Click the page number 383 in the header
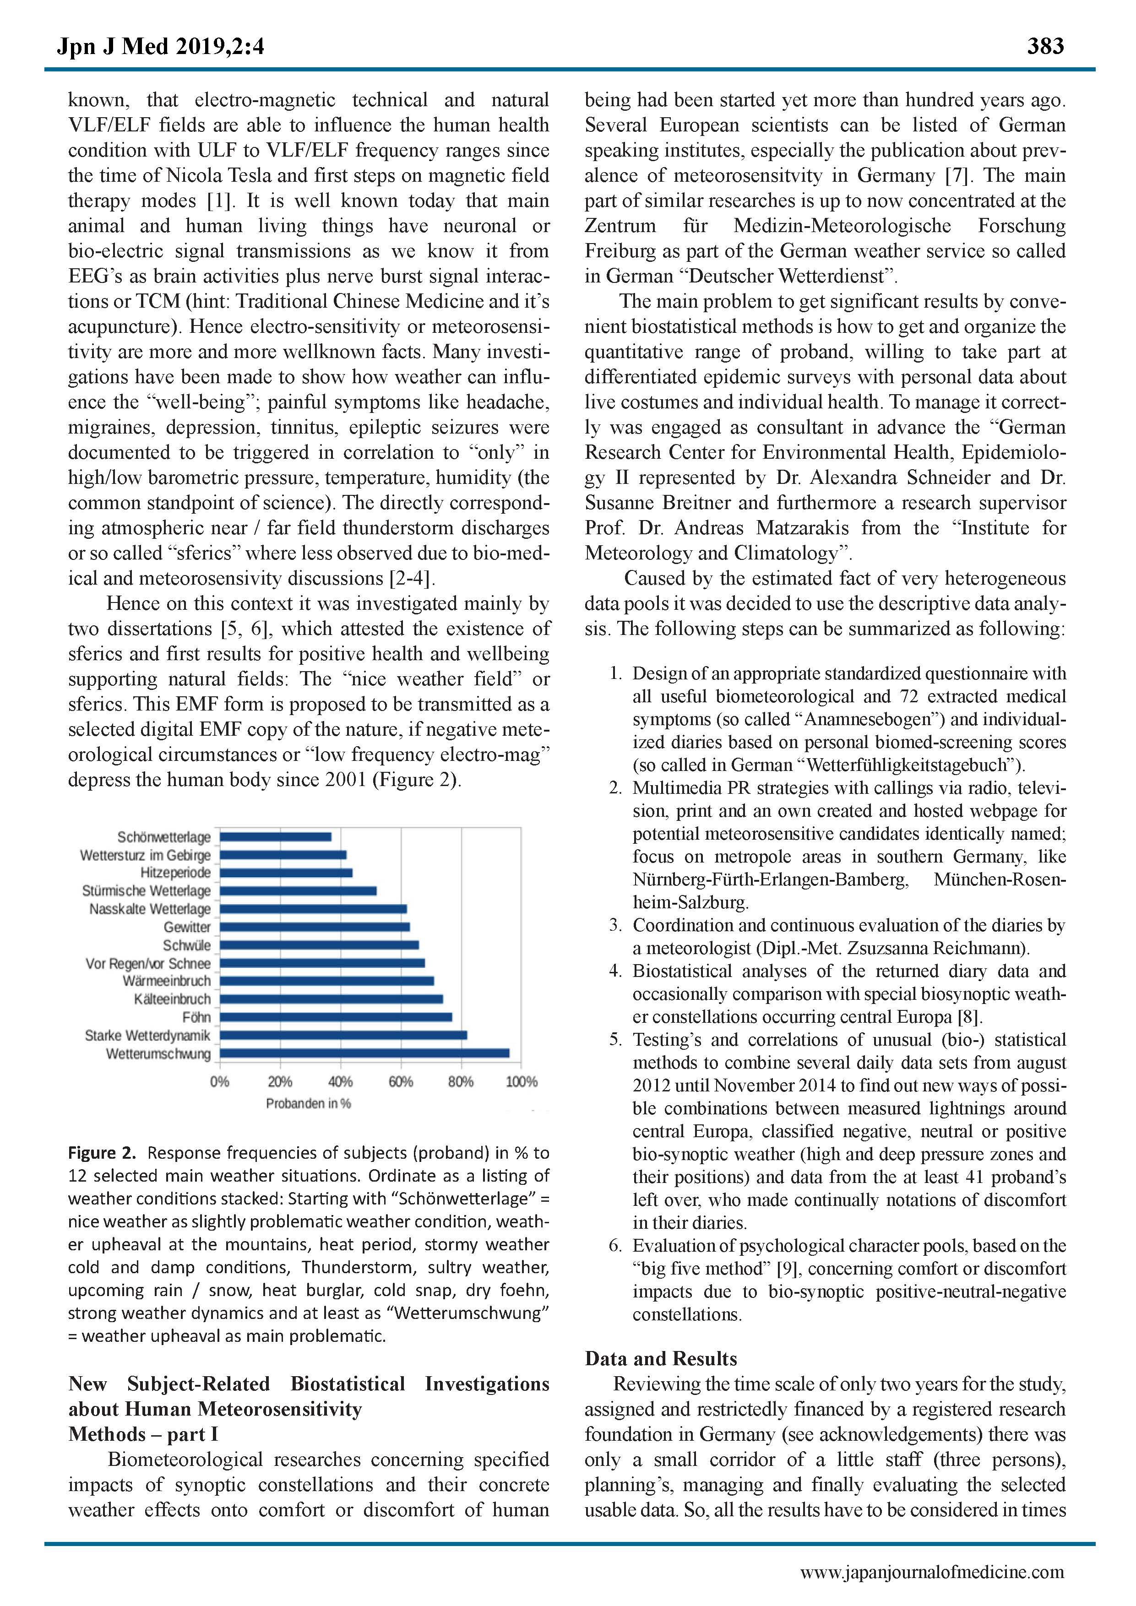click(x=1045, y=46)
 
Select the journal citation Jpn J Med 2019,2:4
click(x=161, y=47)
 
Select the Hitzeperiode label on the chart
click(x=175, y=873)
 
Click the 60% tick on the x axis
click(x=401, y=1082)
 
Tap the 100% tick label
click(x=521, y=1082)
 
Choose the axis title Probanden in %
click(x=309, y=1104)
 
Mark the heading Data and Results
click(x=661, y=1359)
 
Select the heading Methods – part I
click(x=143, y=1435)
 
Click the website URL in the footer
click(x=932, y=1573)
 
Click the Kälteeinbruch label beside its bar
click(x=172, y=999)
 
